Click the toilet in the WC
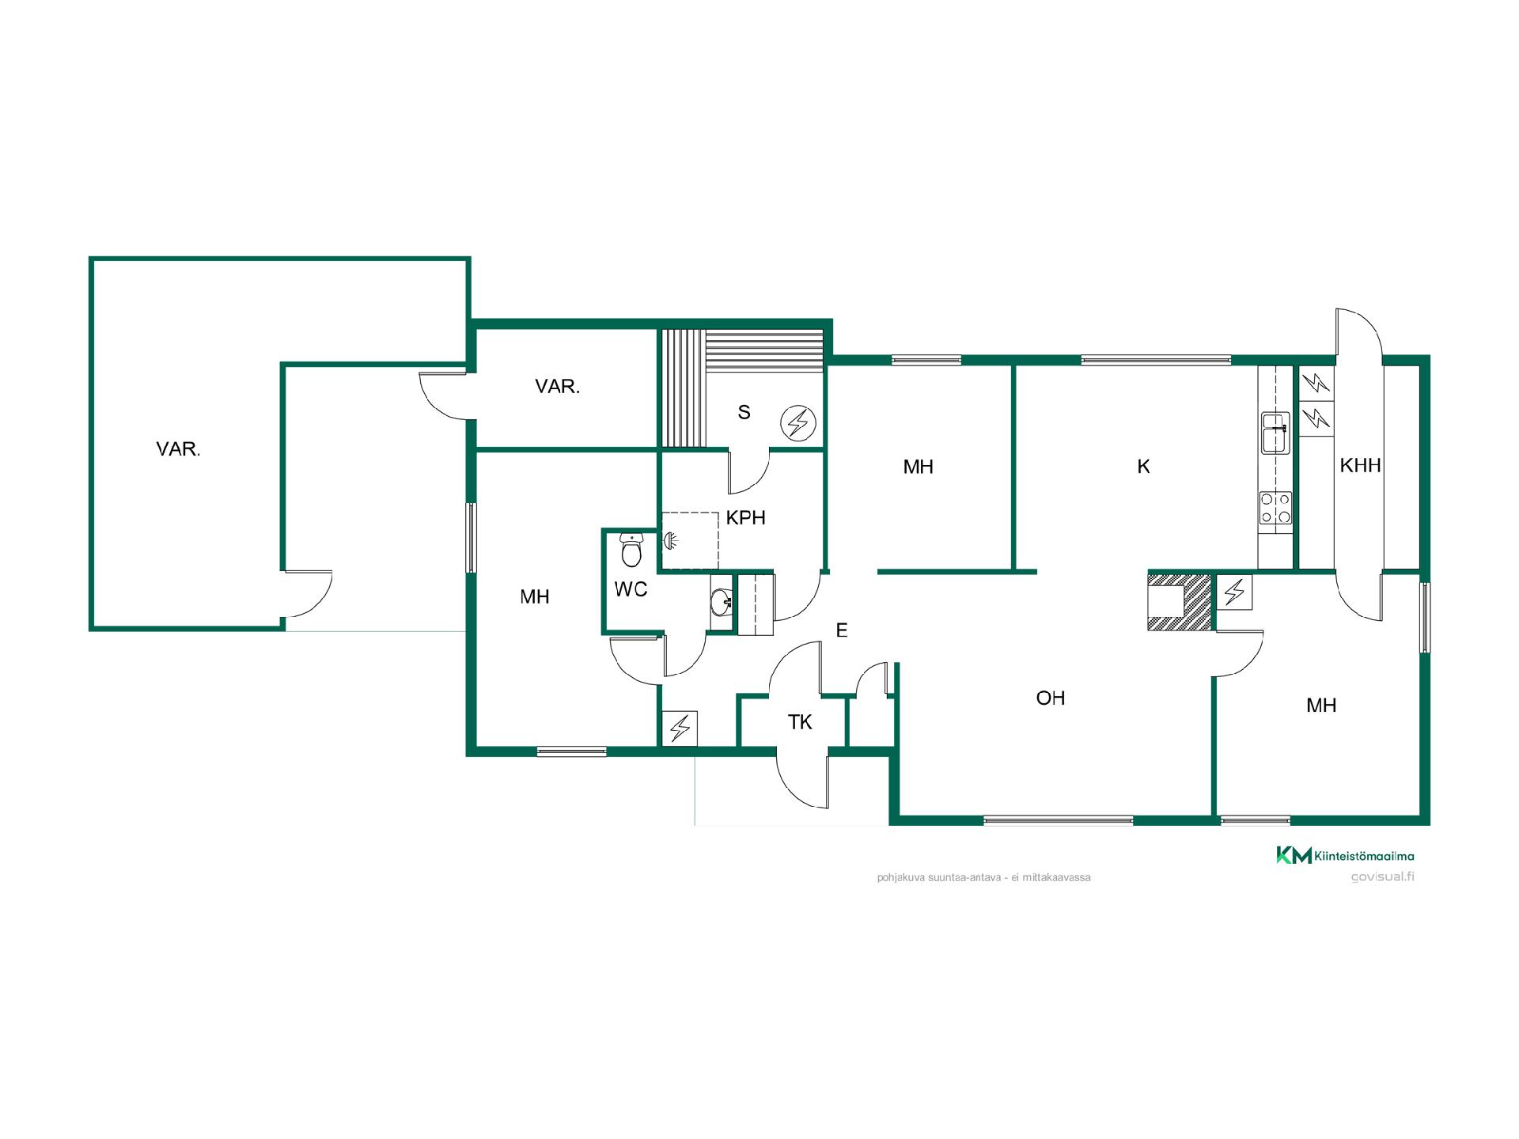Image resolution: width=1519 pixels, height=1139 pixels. click(x=631, y=551)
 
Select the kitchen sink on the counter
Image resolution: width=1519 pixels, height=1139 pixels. click(x=1275, y=433)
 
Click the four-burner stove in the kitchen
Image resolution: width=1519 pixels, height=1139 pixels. click(x=1275, y=508)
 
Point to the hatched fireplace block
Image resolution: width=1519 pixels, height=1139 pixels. click(x=1180, y=601)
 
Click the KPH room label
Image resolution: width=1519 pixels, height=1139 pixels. click(x=745, y=518)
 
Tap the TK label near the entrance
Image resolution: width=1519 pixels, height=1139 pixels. click(x=800, y=722)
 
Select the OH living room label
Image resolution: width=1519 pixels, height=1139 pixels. click(x=1051, y=698)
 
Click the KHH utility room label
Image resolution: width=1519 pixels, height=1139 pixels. click(x=1361, y=466)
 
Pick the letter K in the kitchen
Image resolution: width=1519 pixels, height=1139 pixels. click(x=1143, y=467)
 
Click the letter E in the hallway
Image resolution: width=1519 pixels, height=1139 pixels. click(x=842, y=630)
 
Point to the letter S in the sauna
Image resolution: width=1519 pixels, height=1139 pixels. click(x=744, y=412)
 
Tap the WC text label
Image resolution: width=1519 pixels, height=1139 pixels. click(x=631, y=589)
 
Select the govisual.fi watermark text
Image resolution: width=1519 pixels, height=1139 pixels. click(x=1383, y=876)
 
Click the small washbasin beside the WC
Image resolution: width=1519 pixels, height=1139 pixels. click(x=722, y=603)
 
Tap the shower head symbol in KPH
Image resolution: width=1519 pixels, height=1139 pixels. click(x=670, y=541)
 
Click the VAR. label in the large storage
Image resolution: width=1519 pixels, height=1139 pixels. click(x=178, y=449)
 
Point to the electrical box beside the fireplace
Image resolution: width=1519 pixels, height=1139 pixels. click(x=1234, y=592)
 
